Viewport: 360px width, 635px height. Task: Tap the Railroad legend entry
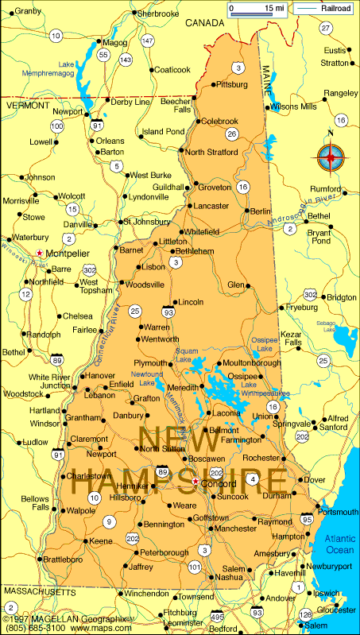[x=323, y=9]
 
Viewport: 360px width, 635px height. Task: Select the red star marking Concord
[x=195, y=482]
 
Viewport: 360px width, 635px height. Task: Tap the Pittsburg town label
[x=233, y=83]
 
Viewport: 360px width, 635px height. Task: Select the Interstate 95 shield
[x=307, y=519]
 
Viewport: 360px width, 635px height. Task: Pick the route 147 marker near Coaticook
[x=147, y=41]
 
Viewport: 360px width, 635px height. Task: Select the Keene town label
[x=101, y=540]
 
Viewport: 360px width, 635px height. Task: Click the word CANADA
[x=205, y=23]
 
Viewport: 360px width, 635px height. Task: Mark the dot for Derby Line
[x=107, y=99]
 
